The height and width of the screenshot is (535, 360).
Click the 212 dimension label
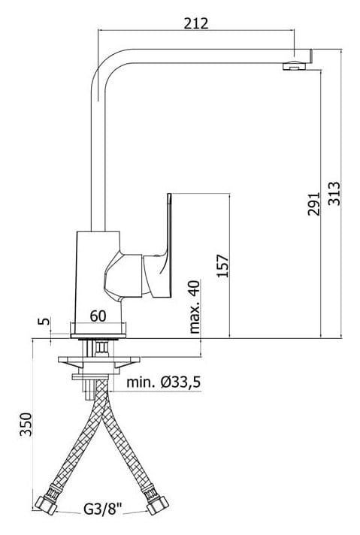[x=196, y=23]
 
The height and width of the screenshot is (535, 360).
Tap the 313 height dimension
[x=334, y=193]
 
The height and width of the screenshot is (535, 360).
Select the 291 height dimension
[x=314, y=204]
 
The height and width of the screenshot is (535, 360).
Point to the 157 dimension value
[x=222, y=265]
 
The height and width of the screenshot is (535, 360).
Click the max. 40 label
[x=194, y=307]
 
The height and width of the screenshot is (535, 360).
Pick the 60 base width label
[x=98, y=316]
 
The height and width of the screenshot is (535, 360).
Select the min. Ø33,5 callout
[x=163, y=382]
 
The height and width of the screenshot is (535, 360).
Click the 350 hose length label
[x=26, y=424]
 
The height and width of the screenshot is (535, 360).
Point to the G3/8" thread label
[x=103, y=509]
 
